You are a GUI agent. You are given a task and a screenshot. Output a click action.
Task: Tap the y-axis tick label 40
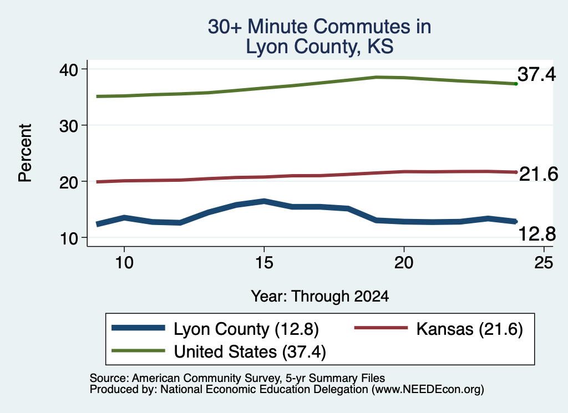click(x=69, y=69)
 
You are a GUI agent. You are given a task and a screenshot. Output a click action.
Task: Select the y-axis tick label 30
click(x=69, y=126)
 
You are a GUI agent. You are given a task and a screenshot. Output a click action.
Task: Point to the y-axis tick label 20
click(x=69, y=182)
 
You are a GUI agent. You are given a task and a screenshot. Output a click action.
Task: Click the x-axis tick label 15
click(x=264, y=262)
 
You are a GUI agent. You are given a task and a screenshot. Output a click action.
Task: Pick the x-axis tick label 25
click(x=544, y=262)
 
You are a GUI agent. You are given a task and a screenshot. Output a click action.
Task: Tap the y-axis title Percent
click(x=25, y=153)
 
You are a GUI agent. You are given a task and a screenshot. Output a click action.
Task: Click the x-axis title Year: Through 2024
click(x=320, y=296)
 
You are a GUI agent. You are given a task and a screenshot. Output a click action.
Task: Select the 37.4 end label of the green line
click(x=536, y=74)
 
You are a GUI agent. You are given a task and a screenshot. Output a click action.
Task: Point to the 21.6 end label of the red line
click(x=539, y=174)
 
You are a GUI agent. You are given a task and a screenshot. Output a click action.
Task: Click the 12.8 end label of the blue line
click(x=537, y=233)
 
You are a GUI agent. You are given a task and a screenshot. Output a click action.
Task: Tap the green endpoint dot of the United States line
click(x=516, y=84)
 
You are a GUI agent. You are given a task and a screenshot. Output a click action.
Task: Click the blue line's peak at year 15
click(x=264, y=201)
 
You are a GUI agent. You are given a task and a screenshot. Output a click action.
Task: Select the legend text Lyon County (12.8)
click(x=246, y=329)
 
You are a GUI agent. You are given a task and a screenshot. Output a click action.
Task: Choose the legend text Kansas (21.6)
click(x=470, y=329)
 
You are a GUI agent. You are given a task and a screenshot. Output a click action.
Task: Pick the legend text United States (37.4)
click(x=250, y=352)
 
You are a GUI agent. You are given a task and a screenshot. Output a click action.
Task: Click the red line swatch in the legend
click(x=381, y=328)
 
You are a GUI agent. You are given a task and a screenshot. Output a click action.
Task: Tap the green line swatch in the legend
click(x=138, y=351)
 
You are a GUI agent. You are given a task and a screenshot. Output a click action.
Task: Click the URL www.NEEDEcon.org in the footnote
click(x=428, y=390)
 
